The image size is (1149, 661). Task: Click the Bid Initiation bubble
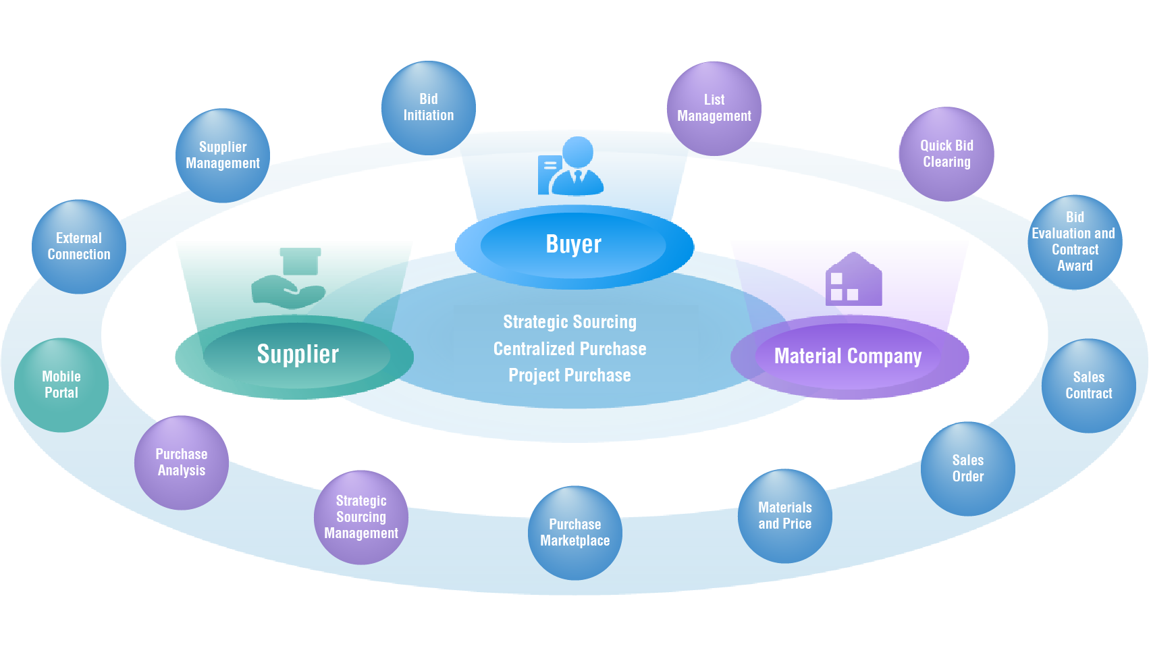(429, 108)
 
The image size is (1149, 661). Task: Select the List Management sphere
(714, 109)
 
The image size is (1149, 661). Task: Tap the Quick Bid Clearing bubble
(946, 154)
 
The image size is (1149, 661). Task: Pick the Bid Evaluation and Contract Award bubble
(1075, 242)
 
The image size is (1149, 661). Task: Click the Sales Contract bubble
(1088, 386)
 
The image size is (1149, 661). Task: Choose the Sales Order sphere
(968, 469)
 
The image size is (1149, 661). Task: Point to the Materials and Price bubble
(784, 516)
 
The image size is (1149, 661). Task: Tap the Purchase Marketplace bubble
(575, 533)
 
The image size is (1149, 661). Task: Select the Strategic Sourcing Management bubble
(361, 517)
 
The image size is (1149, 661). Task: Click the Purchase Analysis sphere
(182, 462)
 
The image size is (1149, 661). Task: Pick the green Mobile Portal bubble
(61, 385)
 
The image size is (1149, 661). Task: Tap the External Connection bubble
(79, 246)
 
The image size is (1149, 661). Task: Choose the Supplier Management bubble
(223, 155)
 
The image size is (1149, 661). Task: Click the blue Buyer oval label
(574, 244)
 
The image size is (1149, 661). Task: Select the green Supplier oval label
(298, 354)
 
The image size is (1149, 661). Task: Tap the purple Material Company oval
(848, 356)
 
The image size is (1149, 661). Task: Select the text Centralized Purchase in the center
(570, 349)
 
